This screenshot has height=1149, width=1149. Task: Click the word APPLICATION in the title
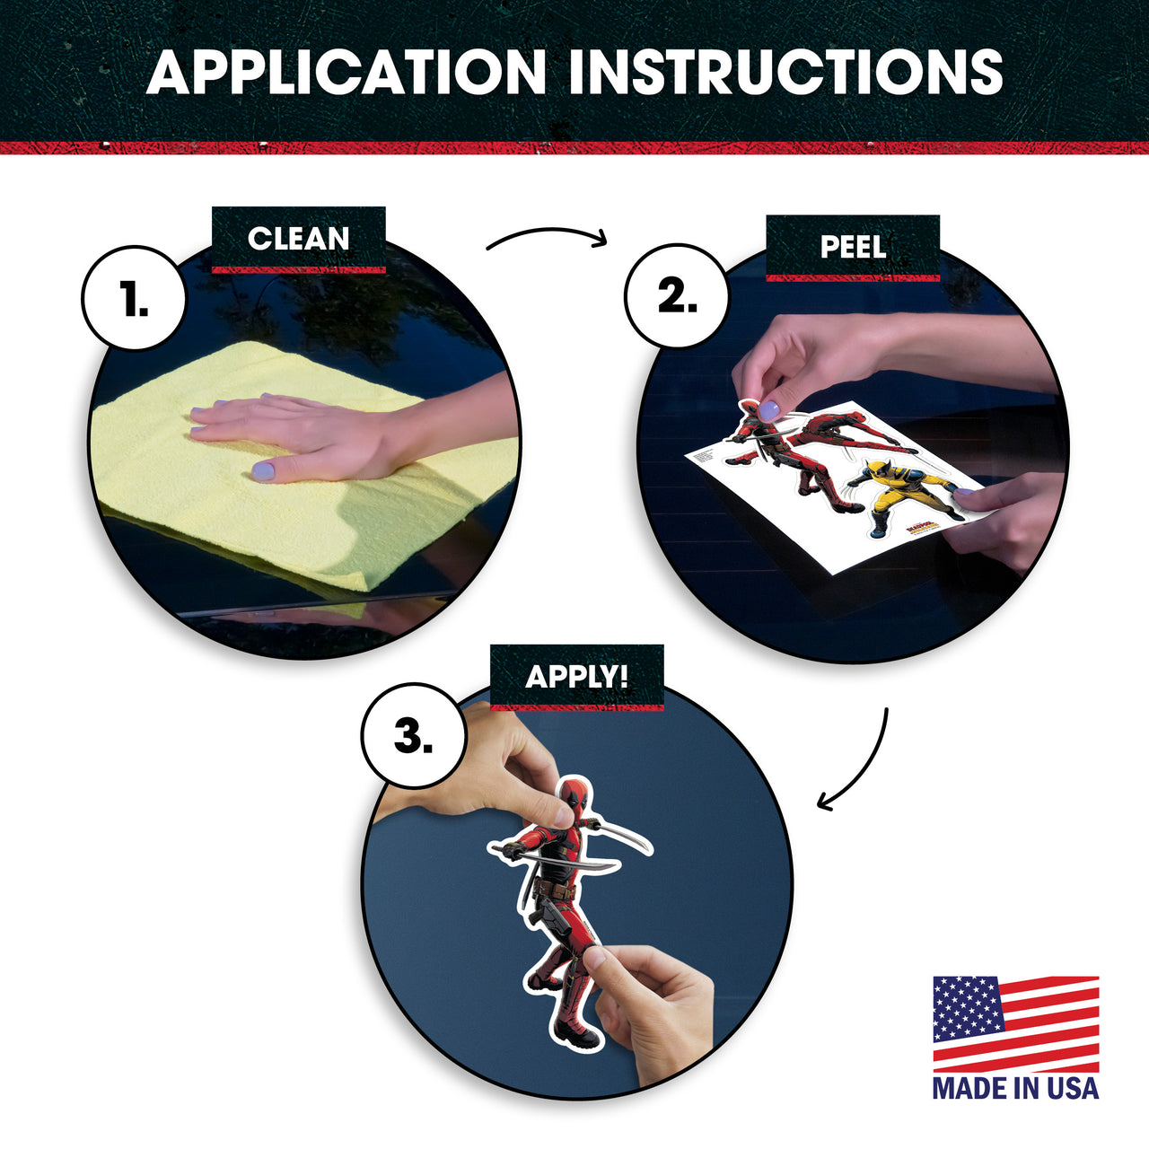346,72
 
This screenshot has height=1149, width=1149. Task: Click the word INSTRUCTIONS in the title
785,72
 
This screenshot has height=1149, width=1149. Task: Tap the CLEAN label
299,239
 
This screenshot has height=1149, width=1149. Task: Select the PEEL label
853,247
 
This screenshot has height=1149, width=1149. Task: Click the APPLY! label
576,677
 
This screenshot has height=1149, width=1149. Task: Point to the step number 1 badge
134,297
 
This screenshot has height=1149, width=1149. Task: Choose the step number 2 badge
677,296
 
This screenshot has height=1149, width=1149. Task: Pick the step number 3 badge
413,735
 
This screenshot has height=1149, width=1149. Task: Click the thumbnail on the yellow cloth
263,471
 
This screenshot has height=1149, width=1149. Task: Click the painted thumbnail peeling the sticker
768,409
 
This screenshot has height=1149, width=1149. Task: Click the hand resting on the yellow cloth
310,434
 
